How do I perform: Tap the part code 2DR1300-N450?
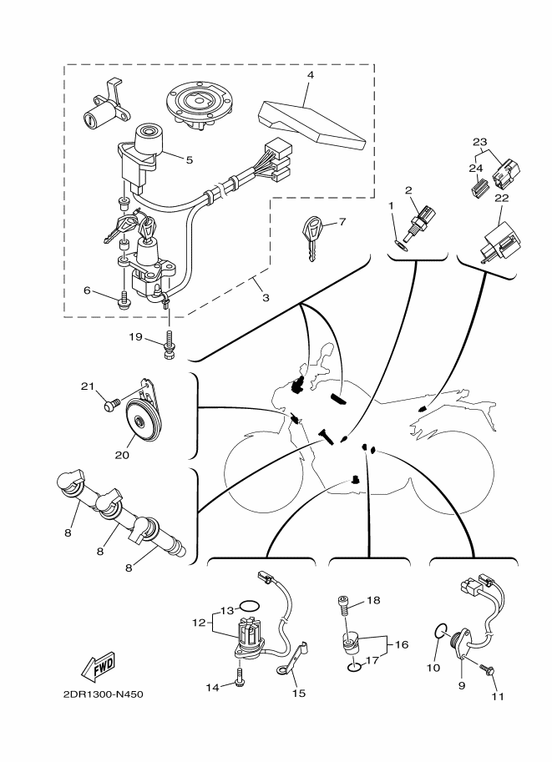coord(103,694)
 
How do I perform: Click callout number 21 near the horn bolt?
coord(87,386)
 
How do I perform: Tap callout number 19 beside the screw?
coord(135,336)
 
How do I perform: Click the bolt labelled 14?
coord(240,678)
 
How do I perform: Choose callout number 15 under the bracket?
coord(299,693)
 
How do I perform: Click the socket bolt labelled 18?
coord(344,606)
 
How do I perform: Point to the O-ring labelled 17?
coord(356,667)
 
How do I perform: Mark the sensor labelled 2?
coord(422,220)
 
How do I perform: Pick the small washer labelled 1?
coord(401,245)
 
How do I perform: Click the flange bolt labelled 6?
coord(124,301)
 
